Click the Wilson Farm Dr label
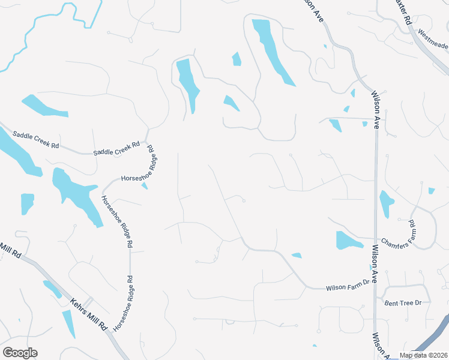tap(348, 286)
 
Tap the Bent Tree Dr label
tap(403, 304)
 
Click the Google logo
tap(20, 353)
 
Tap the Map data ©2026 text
tap(423, 355)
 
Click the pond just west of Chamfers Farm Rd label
tap(348, 240)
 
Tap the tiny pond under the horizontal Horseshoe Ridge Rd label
tap(144, 187)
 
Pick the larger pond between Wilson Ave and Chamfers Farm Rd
tap(387, 203)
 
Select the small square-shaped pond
tap(28, 203)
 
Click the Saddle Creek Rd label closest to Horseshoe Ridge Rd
tap(116, 148)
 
